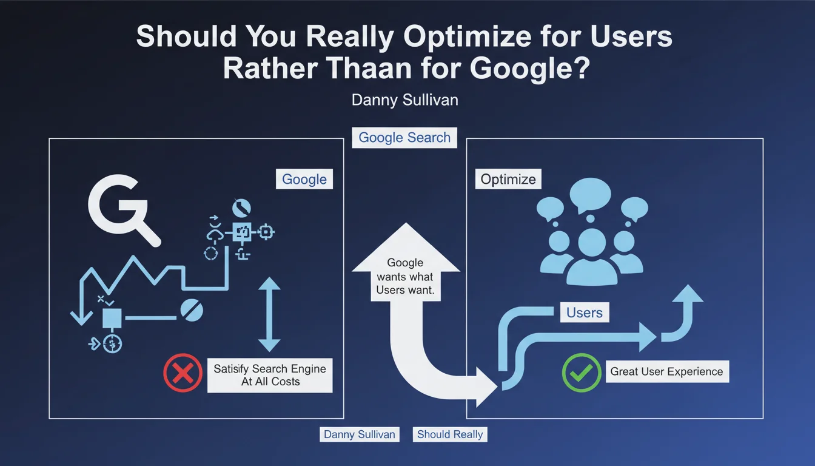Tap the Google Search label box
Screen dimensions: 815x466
click(x=404, y=138)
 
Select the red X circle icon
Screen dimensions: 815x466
click(x=183, y=373)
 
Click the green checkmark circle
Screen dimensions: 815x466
click(x=582, y=373)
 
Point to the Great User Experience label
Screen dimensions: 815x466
click(x=667, y=371)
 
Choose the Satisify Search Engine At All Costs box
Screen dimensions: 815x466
click(x=270, y=376)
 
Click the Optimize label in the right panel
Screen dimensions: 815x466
click(x=508, y=179)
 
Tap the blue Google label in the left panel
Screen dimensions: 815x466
click(x=304, y=179)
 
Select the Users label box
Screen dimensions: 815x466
click(x=585, y=312)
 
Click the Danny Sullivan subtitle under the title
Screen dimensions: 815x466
click(x=404, y=100)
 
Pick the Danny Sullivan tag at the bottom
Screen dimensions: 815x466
click(x=360, y=434)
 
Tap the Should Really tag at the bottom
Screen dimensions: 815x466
click(x=450, y=434)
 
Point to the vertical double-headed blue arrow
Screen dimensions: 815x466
click(x=269, y=314)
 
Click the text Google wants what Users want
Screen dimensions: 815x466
click(x=405, y=276)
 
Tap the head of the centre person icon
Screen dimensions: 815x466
click(x=592, y=243)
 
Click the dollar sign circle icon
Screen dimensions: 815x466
click(x=112, y=343)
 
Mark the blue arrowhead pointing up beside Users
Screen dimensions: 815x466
click(x=687, y=294)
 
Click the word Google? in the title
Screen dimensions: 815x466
click(x=530, y=68)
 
